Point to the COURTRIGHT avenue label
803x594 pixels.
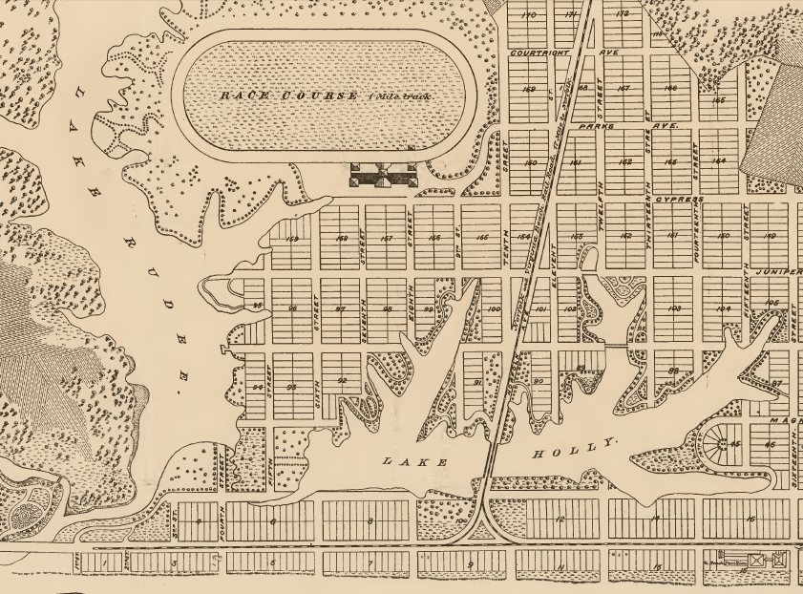[539, 53]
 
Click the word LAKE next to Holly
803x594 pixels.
[413, 462]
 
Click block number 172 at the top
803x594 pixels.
[623, 14]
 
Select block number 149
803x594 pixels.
[769, 236]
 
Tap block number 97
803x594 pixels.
[340, 309]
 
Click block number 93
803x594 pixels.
[292, 386]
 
